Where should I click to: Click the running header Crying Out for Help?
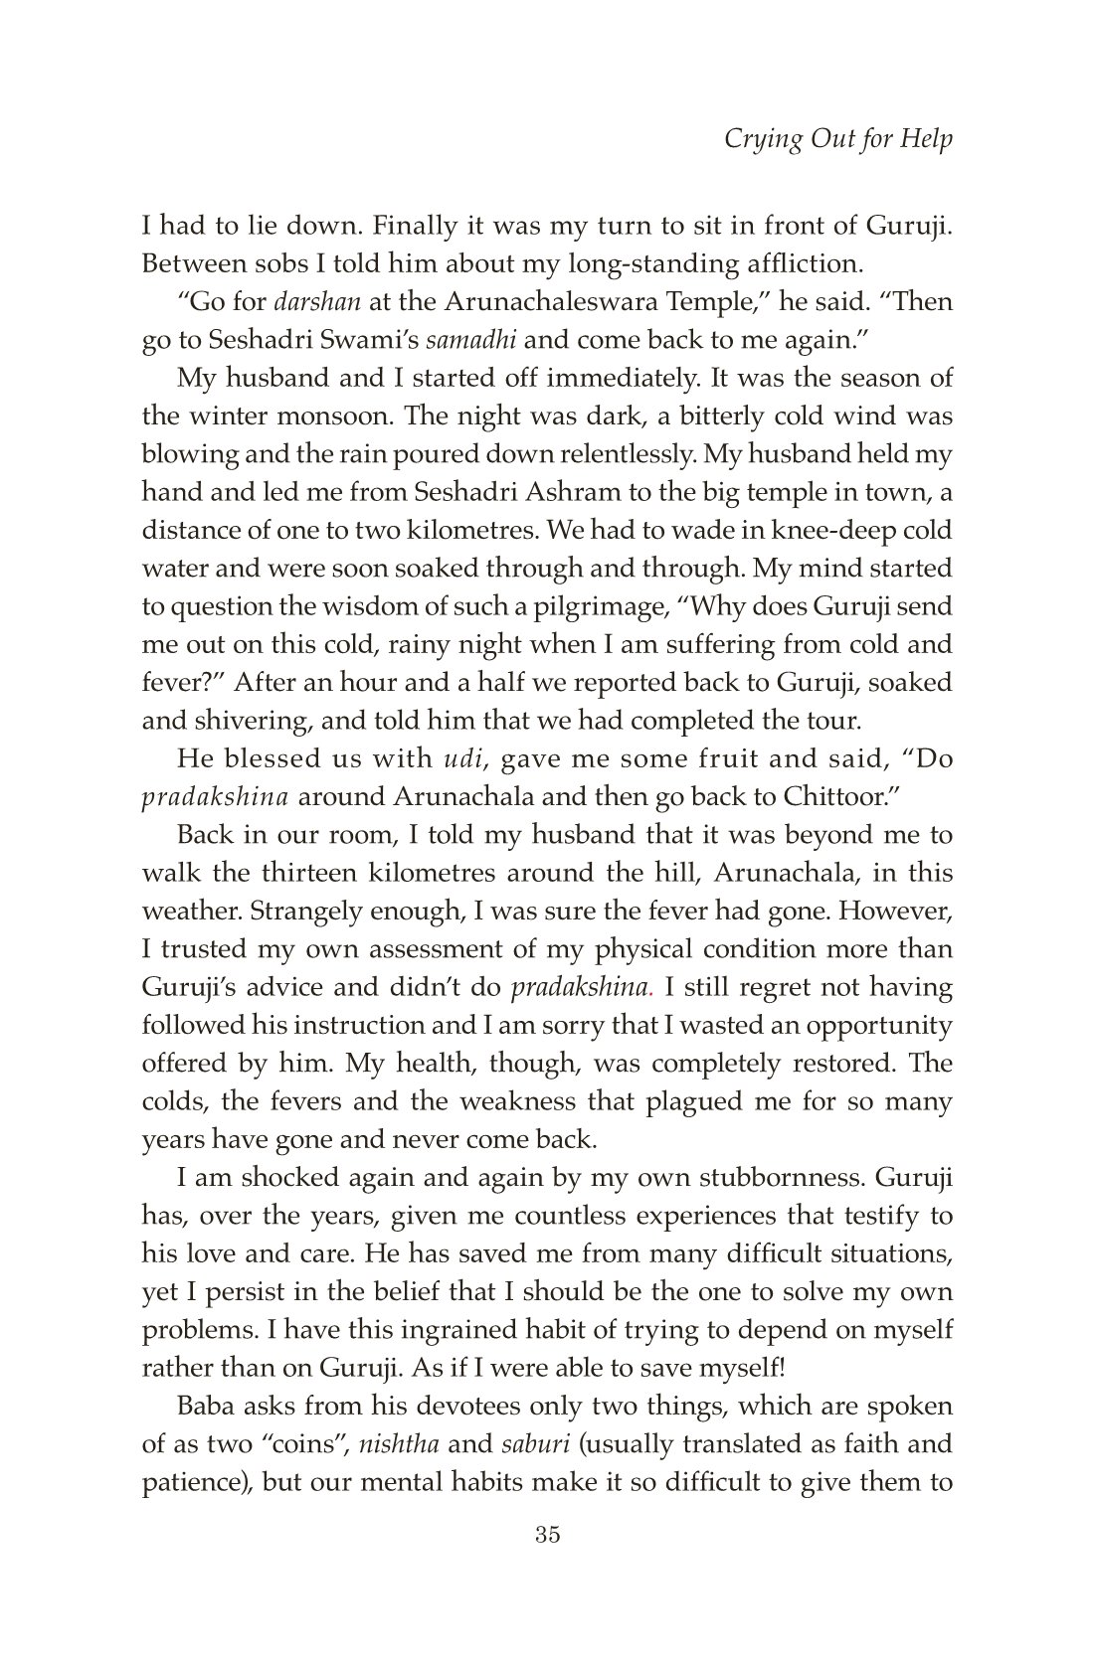point(837,138)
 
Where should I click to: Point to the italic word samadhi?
point(470,340)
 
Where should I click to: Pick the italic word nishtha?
point(406,1444)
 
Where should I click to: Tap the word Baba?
point(205,1407)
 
